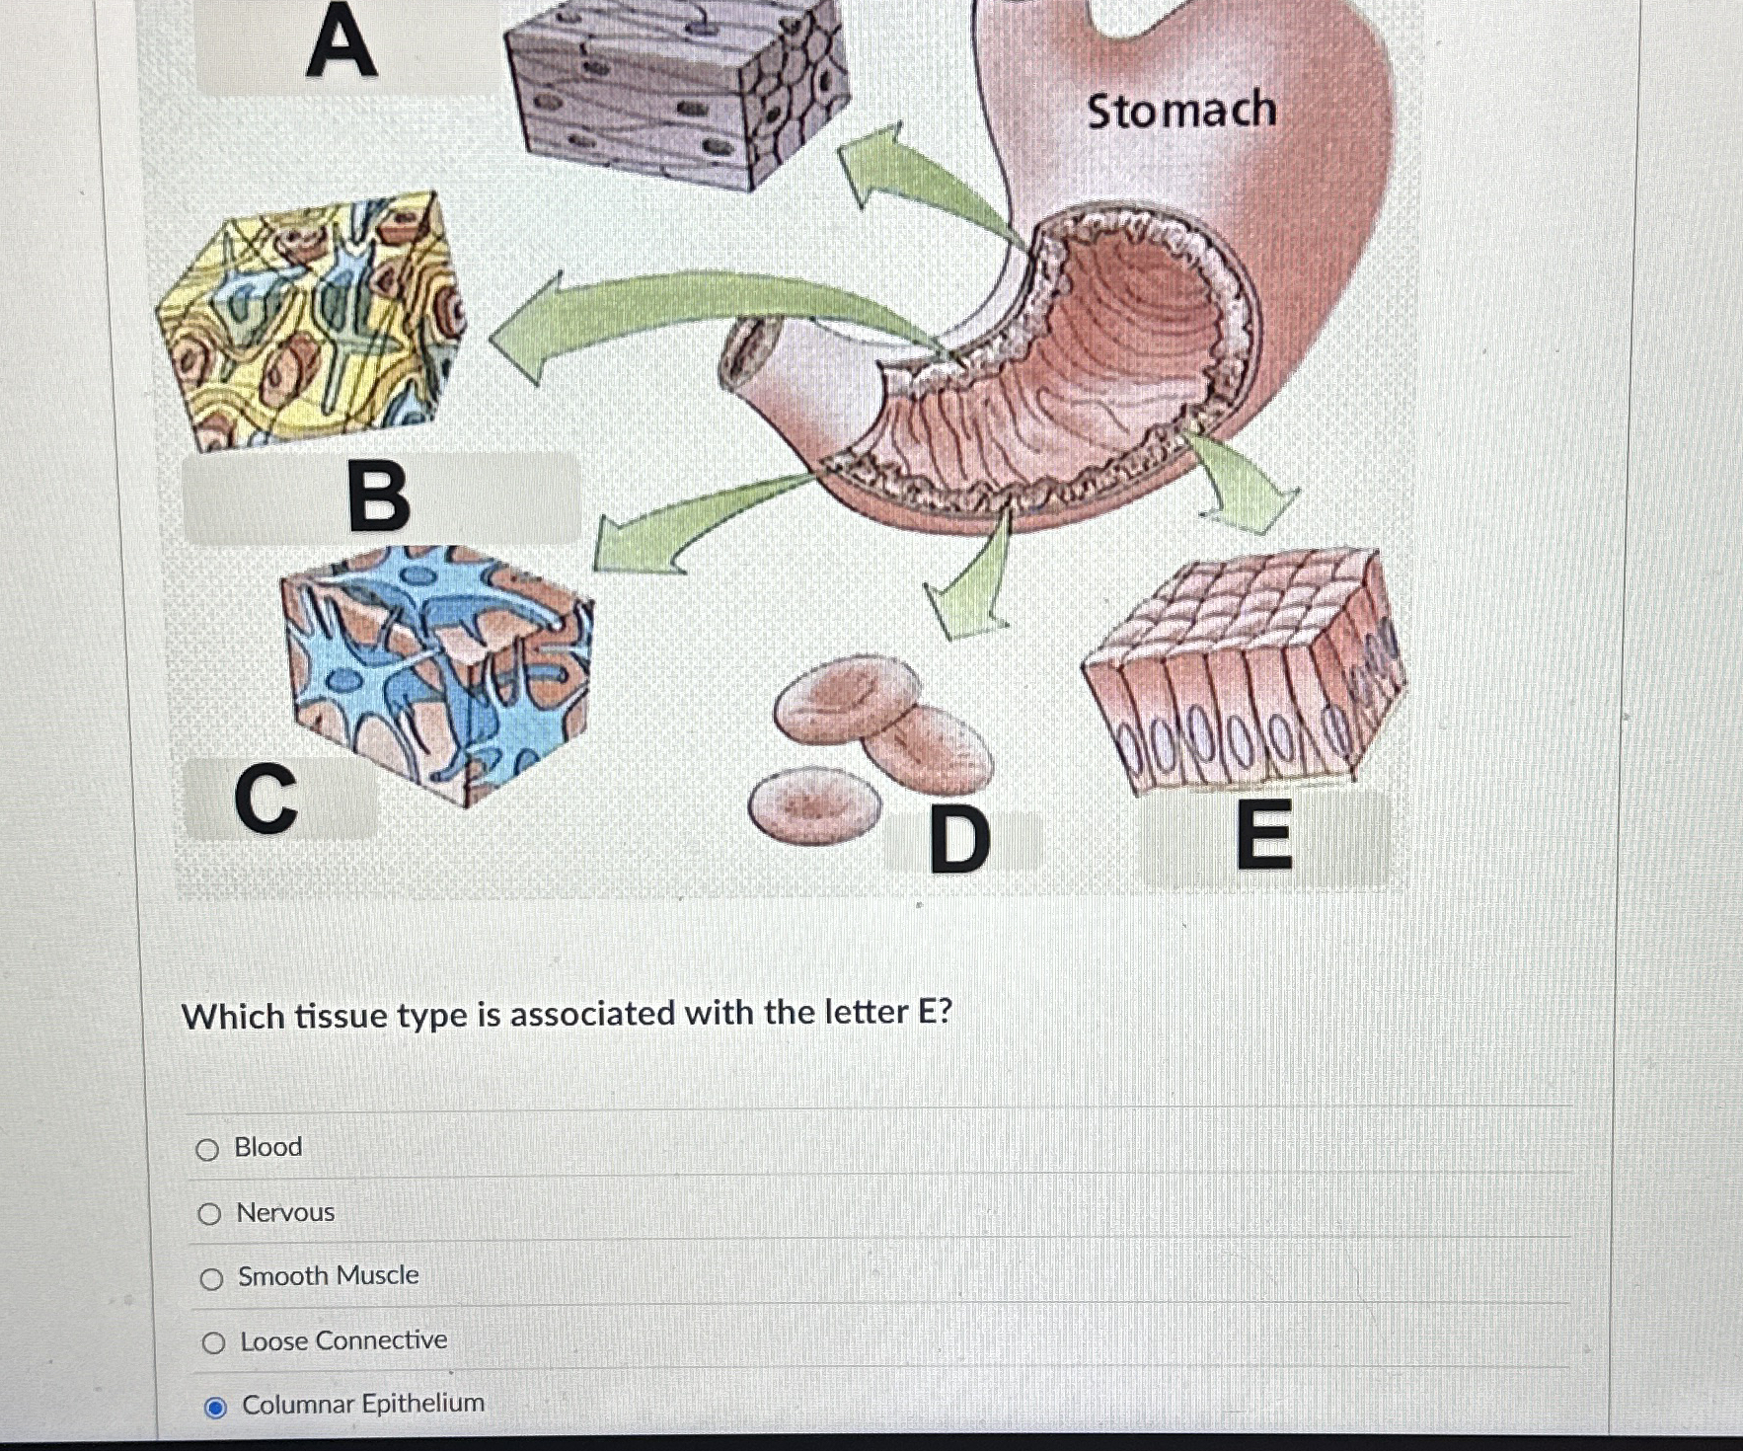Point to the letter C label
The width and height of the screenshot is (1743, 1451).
265,799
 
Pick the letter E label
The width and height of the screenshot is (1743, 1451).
1264,835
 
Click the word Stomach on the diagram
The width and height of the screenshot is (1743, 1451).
1181,110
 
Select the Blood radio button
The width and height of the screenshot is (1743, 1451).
207,1149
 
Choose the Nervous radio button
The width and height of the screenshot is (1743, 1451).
209,1214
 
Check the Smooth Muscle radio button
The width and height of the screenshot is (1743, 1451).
211,1279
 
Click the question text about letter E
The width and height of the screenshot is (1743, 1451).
567,1015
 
